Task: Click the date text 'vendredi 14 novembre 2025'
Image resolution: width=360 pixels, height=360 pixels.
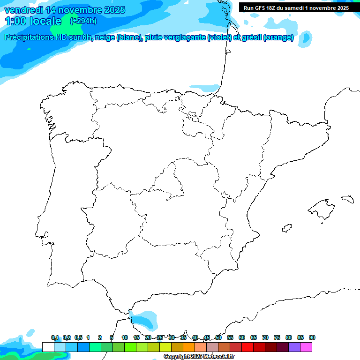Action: pyautogui.click(x=65, y=10)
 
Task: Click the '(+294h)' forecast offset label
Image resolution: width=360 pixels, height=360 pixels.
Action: pyautogui.click(x=83, y=21)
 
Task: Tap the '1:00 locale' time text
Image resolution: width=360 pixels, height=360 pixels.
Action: pyautogui.click(x=33, y=21)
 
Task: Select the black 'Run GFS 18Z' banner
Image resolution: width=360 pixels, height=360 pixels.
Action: pyautogui.click(x=296, y=8)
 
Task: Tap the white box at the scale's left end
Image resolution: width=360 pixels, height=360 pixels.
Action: pyautogui.click(x=48, y=347)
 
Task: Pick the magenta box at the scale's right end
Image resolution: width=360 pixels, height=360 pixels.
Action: pyautogui.click(x=306, y=347)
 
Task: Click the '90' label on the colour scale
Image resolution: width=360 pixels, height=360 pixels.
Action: pyautogui.click(x=312, y=337)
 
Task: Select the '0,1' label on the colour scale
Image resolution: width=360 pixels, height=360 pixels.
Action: pyautogui.click(x=55, y=337)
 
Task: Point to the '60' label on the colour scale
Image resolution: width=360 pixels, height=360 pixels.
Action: pyautogui.click(x=242, y=337)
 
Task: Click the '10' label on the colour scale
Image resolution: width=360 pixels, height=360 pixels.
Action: pyautogui.click(x=125, y=337)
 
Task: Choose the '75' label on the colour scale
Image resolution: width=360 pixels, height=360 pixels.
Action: pyautogui.click(x=277, y=337)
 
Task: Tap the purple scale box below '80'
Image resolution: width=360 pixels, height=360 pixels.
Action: pyautogui.click(x=294, y=347)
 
